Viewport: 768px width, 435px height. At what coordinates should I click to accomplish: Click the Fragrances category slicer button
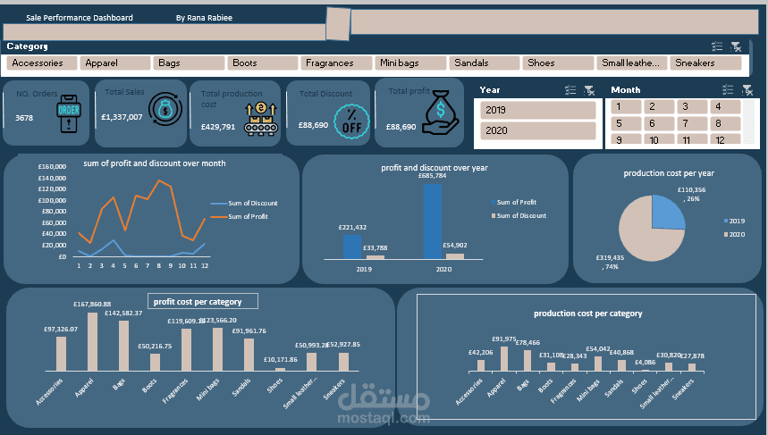click(336, 63)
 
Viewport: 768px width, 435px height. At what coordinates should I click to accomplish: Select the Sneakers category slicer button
click(706, 63)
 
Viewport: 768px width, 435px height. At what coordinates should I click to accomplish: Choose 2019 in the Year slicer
click(537, 110)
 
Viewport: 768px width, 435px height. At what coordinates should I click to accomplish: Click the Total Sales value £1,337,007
click(122, 117)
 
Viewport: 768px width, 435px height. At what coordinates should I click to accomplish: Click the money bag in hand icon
click(442, 113)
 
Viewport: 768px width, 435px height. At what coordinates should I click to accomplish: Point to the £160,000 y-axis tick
click(55, 167)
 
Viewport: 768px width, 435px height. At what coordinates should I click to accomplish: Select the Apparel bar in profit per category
click(92, 342)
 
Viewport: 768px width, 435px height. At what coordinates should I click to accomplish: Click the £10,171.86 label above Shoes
click(282, 360)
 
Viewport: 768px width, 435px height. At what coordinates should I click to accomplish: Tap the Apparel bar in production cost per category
click(503, 357)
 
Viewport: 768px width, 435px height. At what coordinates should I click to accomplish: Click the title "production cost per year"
click(669, 173)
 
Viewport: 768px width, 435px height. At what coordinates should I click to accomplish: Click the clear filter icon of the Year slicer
click(588, 90)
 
